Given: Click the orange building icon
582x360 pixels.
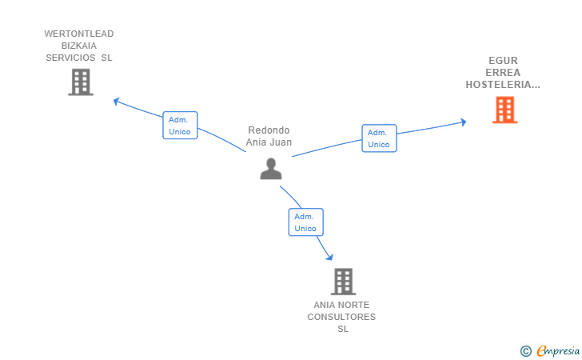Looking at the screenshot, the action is tap(504, 110).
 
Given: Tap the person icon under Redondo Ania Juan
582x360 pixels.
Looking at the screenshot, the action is tap(271, 169).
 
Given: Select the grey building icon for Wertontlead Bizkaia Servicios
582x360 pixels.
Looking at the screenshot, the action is tap(81, 82).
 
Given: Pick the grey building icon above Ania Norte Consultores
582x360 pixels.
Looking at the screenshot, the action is tap(343, 282).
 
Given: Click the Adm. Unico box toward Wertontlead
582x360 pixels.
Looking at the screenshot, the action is tap(180, 126).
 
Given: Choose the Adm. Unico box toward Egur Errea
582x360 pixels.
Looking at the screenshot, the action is tap(379, 138).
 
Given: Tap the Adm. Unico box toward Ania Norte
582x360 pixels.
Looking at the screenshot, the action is tap(306, 222).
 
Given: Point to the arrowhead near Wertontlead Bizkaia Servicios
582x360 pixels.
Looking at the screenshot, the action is tap(116, 101).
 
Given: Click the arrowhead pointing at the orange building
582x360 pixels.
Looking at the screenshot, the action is tap(463, 122).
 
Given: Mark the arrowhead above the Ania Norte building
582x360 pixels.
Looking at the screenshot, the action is tap(329, 257).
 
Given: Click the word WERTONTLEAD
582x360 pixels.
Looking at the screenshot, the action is tap(79, 34).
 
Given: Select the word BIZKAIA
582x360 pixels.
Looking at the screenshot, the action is tap(79, 46).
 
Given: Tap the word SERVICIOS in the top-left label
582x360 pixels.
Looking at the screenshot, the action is tap(70, 58).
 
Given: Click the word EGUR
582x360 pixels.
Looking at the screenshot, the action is tap(503, 61).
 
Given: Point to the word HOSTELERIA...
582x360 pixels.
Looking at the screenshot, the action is tap(498, 85).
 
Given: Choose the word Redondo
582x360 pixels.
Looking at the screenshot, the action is tap(269, 130).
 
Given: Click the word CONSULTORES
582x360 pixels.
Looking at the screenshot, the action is tap(341, 317).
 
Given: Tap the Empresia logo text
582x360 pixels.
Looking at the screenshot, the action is tap(558, 350).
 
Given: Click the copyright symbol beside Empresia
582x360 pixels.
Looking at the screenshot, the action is tap(526, 351).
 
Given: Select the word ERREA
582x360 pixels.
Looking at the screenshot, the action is tap(503, 73).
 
